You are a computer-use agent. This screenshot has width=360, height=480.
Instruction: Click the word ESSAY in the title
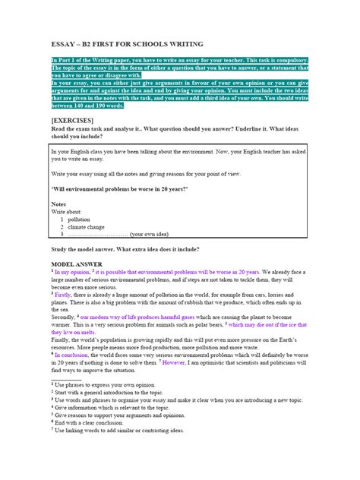62,45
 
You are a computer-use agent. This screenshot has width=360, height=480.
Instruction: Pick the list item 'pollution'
79,219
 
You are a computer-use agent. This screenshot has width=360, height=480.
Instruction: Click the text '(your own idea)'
153,235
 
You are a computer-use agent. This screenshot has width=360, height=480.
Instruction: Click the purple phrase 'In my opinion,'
72,271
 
